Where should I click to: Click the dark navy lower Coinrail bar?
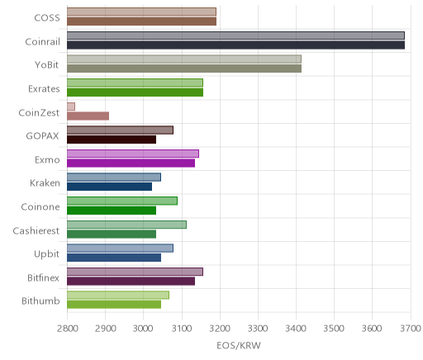coord(235,45)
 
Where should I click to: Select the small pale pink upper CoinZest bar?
coord(71,107)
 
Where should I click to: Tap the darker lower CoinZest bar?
coord(88,116)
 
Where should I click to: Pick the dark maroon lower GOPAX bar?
coord(112,140)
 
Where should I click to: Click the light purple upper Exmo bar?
coord(133,154)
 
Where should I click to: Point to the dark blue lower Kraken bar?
coord(109,187)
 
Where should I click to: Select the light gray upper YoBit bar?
coord(184,59)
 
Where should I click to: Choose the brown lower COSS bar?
coord(141,21)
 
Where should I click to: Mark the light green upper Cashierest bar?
coord(126,225)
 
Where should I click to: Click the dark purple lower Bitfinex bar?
coord(131,282)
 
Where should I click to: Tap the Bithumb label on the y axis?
coord(40,301)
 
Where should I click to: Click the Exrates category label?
coord(44,89)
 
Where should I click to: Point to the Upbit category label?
coord(46,254)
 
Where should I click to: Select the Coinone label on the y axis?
coord(40,206)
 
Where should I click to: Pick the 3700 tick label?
coord(411,329)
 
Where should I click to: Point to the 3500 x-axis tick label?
coord(334,329)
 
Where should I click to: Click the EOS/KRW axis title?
coord(239,346)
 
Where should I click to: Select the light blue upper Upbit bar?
coord(120,249)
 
